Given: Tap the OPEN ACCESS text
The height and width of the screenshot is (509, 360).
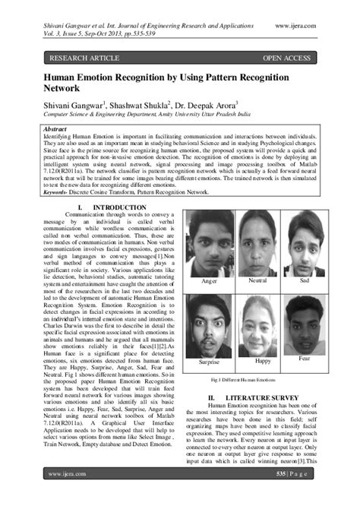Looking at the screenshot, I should point(286,58).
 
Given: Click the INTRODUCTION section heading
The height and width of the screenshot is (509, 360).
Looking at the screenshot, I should point(113,207).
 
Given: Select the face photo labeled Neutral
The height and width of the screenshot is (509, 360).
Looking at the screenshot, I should point(257,241).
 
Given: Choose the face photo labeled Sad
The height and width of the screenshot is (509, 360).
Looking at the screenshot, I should point(304,241).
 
